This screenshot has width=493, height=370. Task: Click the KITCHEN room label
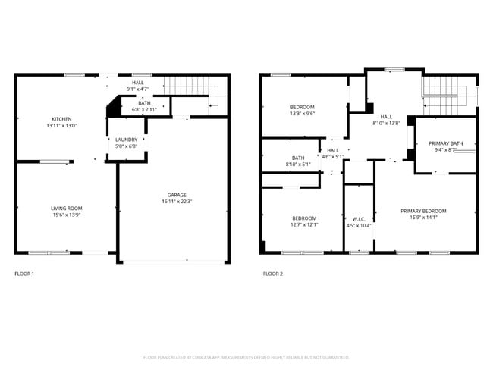click(x=61, y=119)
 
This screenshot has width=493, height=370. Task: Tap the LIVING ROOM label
click(x=66, y=208)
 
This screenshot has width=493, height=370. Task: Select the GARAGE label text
click(x=177, y=195)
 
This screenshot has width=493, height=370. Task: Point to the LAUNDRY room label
click(x=126, y=140)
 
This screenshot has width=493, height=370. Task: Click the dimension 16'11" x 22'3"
click(x=177, y=202)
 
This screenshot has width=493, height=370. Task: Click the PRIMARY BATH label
click(x=445, y=143)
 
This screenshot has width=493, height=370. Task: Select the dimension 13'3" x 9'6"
click(x=302, y=114)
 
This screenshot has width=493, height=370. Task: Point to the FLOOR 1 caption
click(x=24, y=273)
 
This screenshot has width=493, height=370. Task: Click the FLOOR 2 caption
click(x=273, y=273)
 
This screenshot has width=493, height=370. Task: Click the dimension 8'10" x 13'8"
click(x=386, y=123)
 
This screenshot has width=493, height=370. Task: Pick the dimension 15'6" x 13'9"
click(x=66, y=215)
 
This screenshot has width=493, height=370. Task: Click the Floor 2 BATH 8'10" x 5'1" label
click(x=298, y=161)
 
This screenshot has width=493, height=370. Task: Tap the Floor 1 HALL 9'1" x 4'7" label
click(x=137, y=86)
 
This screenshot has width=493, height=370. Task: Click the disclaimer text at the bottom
click(x=246, y=356)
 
